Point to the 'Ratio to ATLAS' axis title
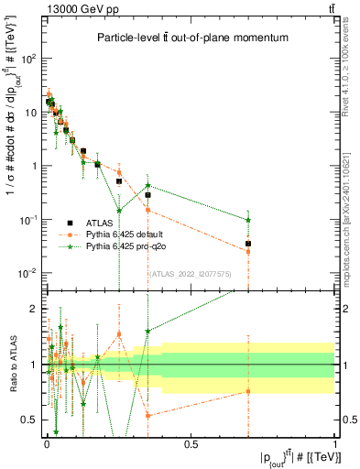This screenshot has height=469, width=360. (12, 365)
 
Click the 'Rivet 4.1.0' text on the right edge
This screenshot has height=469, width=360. (350, 64)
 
